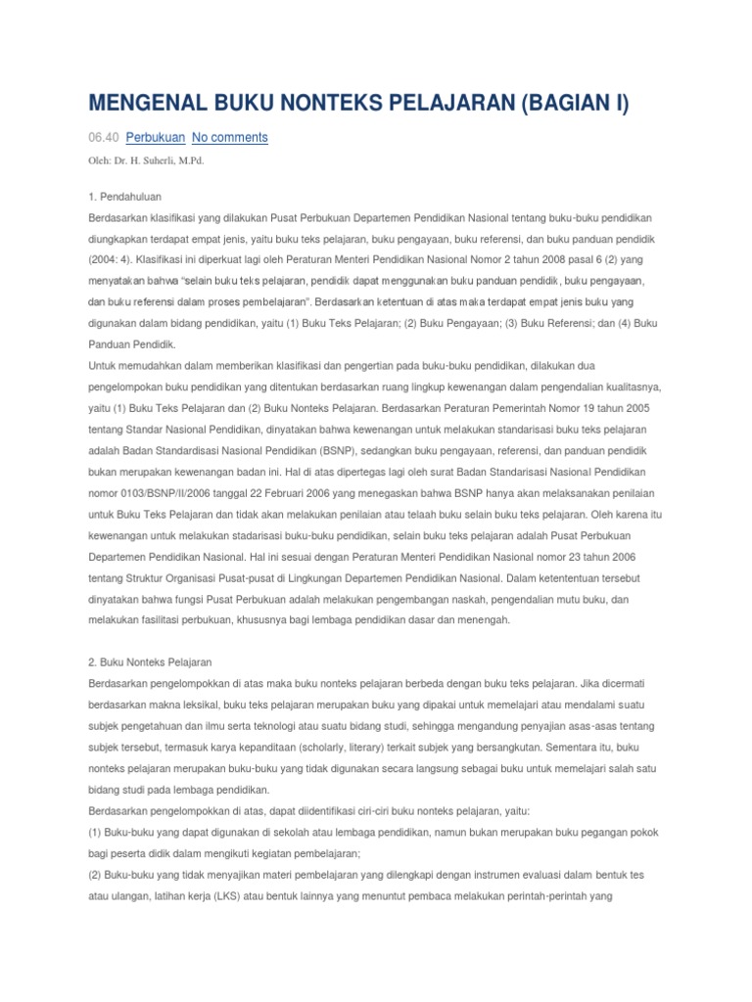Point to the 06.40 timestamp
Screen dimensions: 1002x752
(103, 137)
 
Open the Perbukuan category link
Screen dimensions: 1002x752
(155, 137)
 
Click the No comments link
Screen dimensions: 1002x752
(229, 137)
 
